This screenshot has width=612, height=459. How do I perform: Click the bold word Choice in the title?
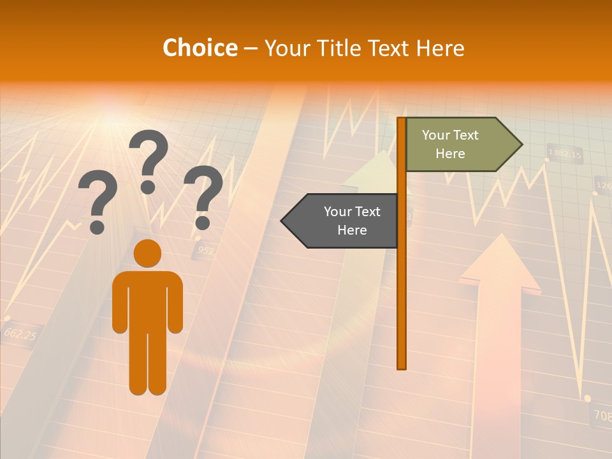[200, 48]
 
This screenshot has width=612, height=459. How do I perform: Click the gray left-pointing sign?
[344, 221]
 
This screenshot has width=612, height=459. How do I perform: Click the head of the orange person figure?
[147, 253]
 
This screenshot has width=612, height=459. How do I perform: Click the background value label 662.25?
[20, 333]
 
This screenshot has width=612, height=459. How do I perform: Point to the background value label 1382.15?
[565, 154]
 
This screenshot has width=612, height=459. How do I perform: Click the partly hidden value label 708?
[602, 415]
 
